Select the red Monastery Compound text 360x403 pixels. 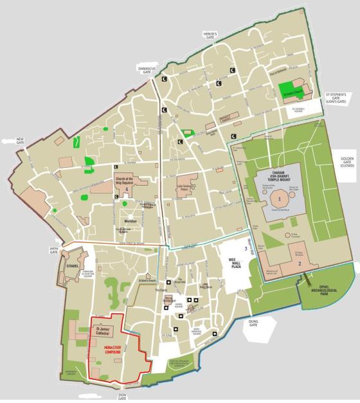[113, 348]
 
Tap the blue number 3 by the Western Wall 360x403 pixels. [244, 248]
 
